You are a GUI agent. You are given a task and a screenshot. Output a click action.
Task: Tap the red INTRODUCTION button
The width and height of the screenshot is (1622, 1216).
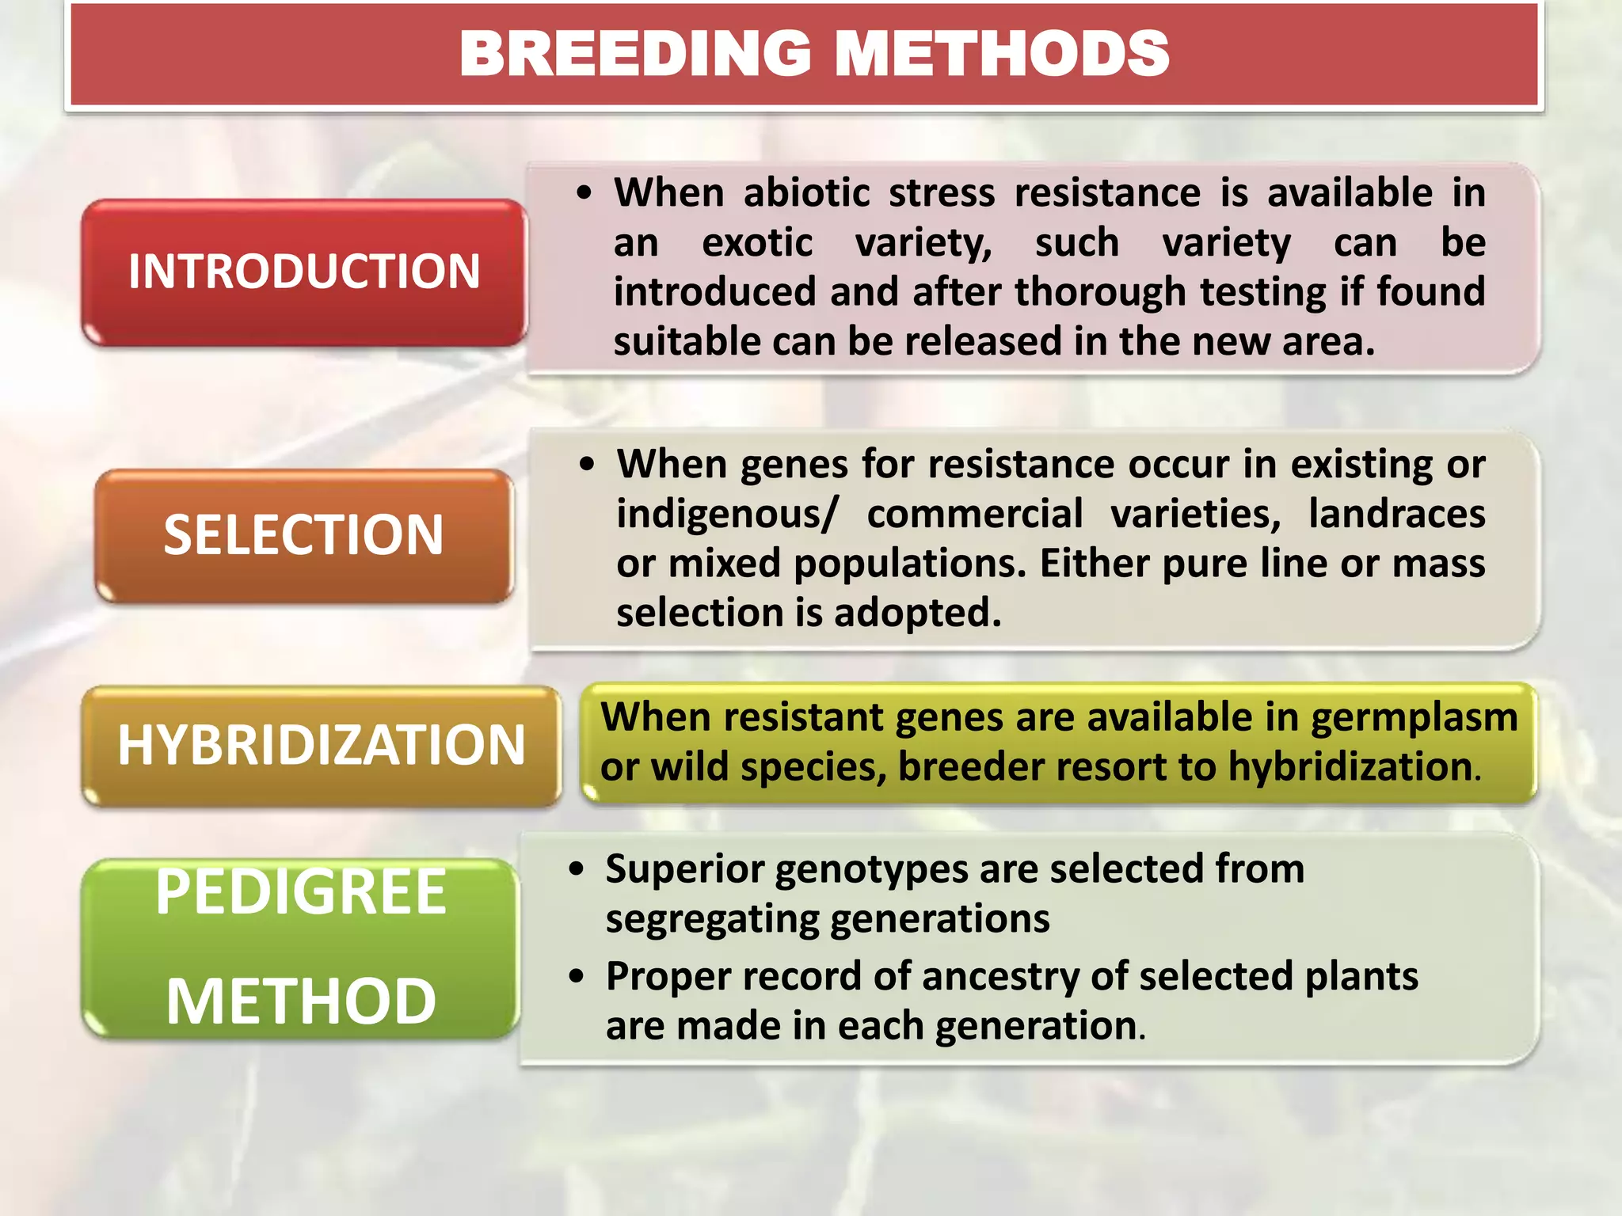(x=304, y=272)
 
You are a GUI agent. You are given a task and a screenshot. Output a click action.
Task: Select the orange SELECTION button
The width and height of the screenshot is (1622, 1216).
(x=304, y=535)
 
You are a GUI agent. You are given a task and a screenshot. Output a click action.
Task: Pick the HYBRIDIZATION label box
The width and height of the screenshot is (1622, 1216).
(x=321, y=745)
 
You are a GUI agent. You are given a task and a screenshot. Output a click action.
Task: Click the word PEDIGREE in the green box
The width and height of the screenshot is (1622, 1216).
(x=301, y=892)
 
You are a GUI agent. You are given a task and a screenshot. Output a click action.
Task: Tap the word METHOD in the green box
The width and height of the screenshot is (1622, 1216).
(x=301, y=1001)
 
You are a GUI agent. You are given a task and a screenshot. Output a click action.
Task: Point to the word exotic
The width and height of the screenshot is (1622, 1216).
(x=756, y=242)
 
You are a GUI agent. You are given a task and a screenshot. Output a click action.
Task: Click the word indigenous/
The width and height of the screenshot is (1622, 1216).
(x=727, y=515)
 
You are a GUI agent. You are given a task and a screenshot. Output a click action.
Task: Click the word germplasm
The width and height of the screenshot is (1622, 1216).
(x=1414, y=717)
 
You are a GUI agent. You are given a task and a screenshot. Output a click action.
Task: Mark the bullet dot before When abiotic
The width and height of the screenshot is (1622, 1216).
(x=584, y=193)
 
